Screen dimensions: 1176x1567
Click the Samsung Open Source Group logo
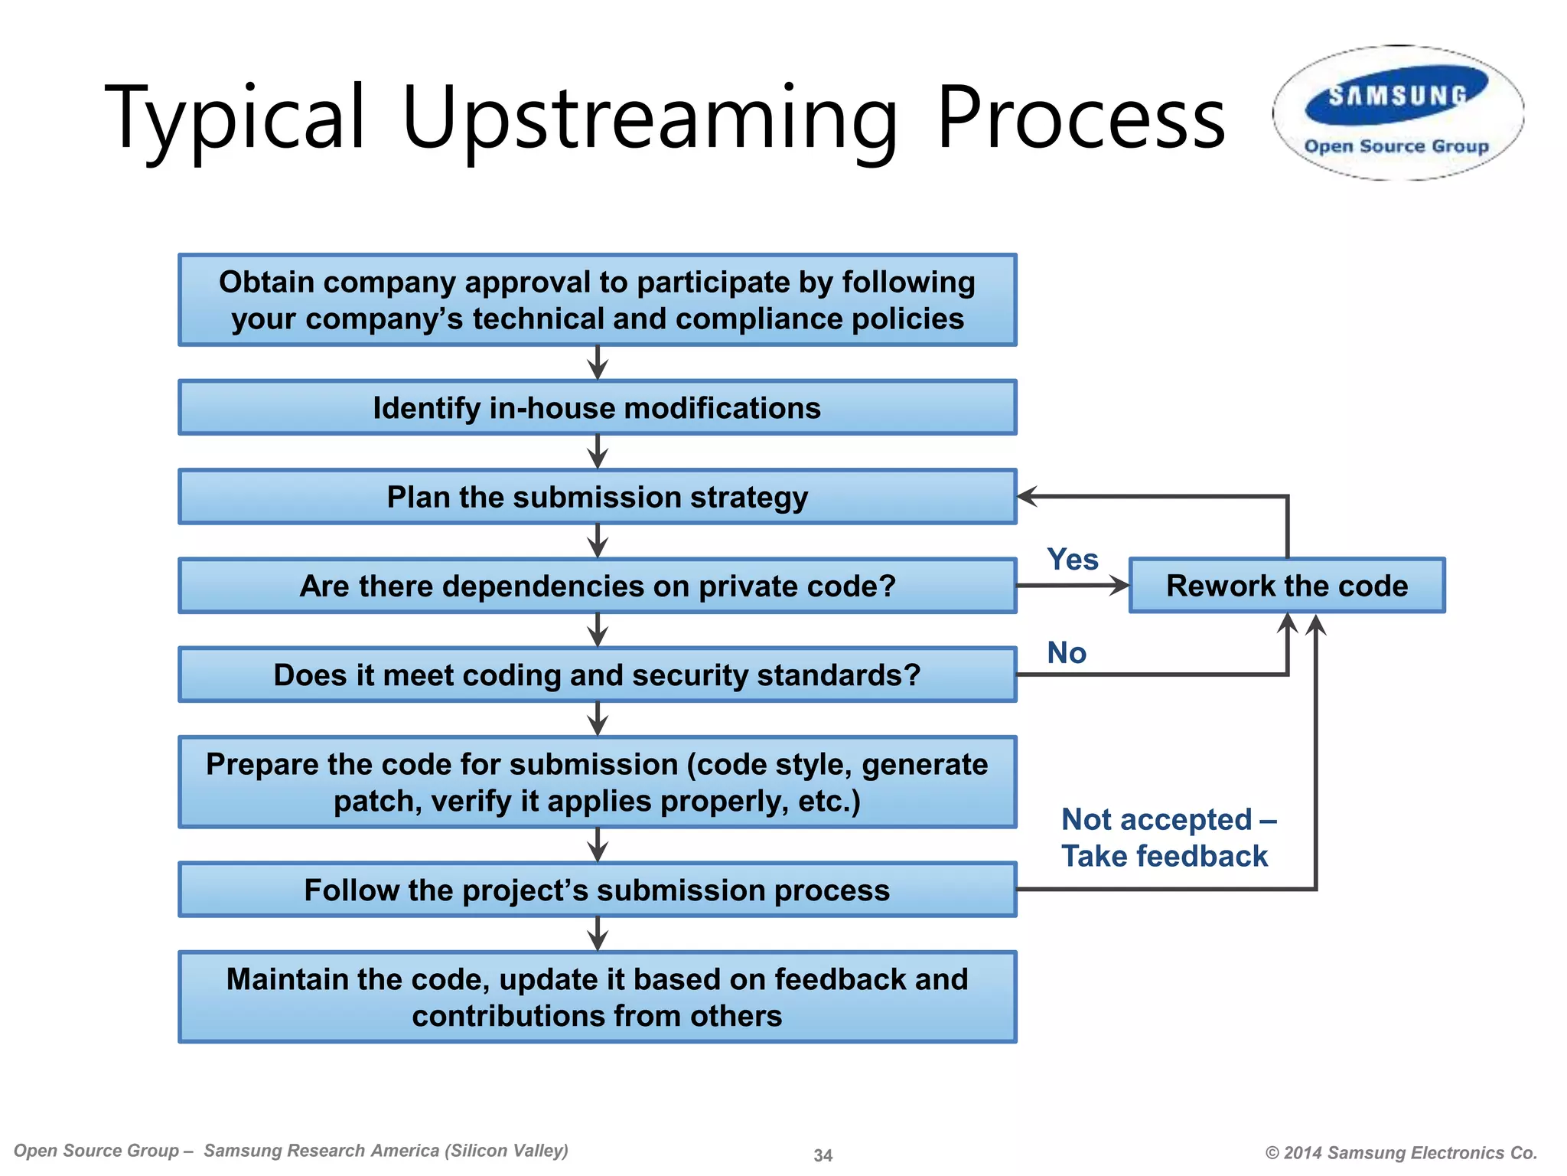point(1398,113)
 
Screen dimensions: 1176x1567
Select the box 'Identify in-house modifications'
point(597,407)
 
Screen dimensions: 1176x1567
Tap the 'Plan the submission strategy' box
point(597,497)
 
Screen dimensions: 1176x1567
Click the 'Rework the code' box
point(1287,586)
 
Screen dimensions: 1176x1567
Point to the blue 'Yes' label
point(1072,560)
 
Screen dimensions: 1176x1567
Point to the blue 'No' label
point(1067,653)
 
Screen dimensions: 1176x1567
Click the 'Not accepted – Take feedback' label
point(1167,838)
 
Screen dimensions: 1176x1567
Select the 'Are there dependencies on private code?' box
point(597,586)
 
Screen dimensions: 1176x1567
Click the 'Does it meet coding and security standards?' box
point(597,675)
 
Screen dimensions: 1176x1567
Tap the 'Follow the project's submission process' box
point(597,890)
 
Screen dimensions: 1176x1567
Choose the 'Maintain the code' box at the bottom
point(597,997)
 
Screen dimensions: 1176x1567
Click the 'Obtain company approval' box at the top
point(597,300)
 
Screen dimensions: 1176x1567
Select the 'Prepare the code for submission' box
point(597,782)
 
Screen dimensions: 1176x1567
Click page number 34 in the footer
point(823,1155)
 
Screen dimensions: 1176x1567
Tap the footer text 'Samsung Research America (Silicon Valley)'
point(386,1151)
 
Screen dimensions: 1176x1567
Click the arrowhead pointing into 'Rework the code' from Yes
point(1120,586)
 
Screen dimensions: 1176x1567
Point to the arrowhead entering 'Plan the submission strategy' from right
point(1027,496)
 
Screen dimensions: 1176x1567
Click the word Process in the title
point(1080,119)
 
